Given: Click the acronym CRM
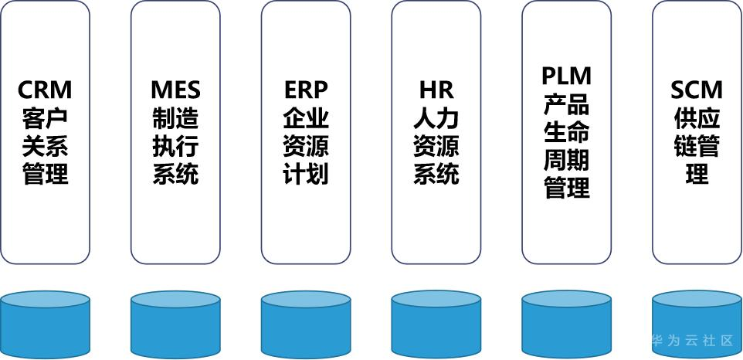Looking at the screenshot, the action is click(45, 90).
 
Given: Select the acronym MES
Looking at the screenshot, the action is click(175, 90).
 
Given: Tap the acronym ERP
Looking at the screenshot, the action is click(306, 90).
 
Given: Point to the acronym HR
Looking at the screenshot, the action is click(436, 90).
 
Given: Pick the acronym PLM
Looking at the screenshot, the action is click(567, 76).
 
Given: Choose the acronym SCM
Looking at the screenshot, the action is click(697, 90).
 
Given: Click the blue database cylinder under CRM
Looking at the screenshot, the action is click(45, 324).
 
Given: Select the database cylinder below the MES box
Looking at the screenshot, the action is click(175, 324).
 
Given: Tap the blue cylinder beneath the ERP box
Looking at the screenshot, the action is click(306, 324).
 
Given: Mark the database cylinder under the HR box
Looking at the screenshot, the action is click(436, 324).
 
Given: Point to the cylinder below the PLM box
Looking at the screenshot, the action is click(567, 324).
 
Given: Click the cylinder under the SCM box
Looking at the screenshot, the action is click(697, 324).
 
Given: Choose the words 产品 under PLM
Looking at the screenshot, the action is click(567, 104).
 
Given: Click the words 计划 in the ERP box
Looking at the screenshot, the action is click(306, 173).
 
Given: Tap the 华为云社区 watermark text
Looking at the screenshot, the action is click(692, 341).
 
